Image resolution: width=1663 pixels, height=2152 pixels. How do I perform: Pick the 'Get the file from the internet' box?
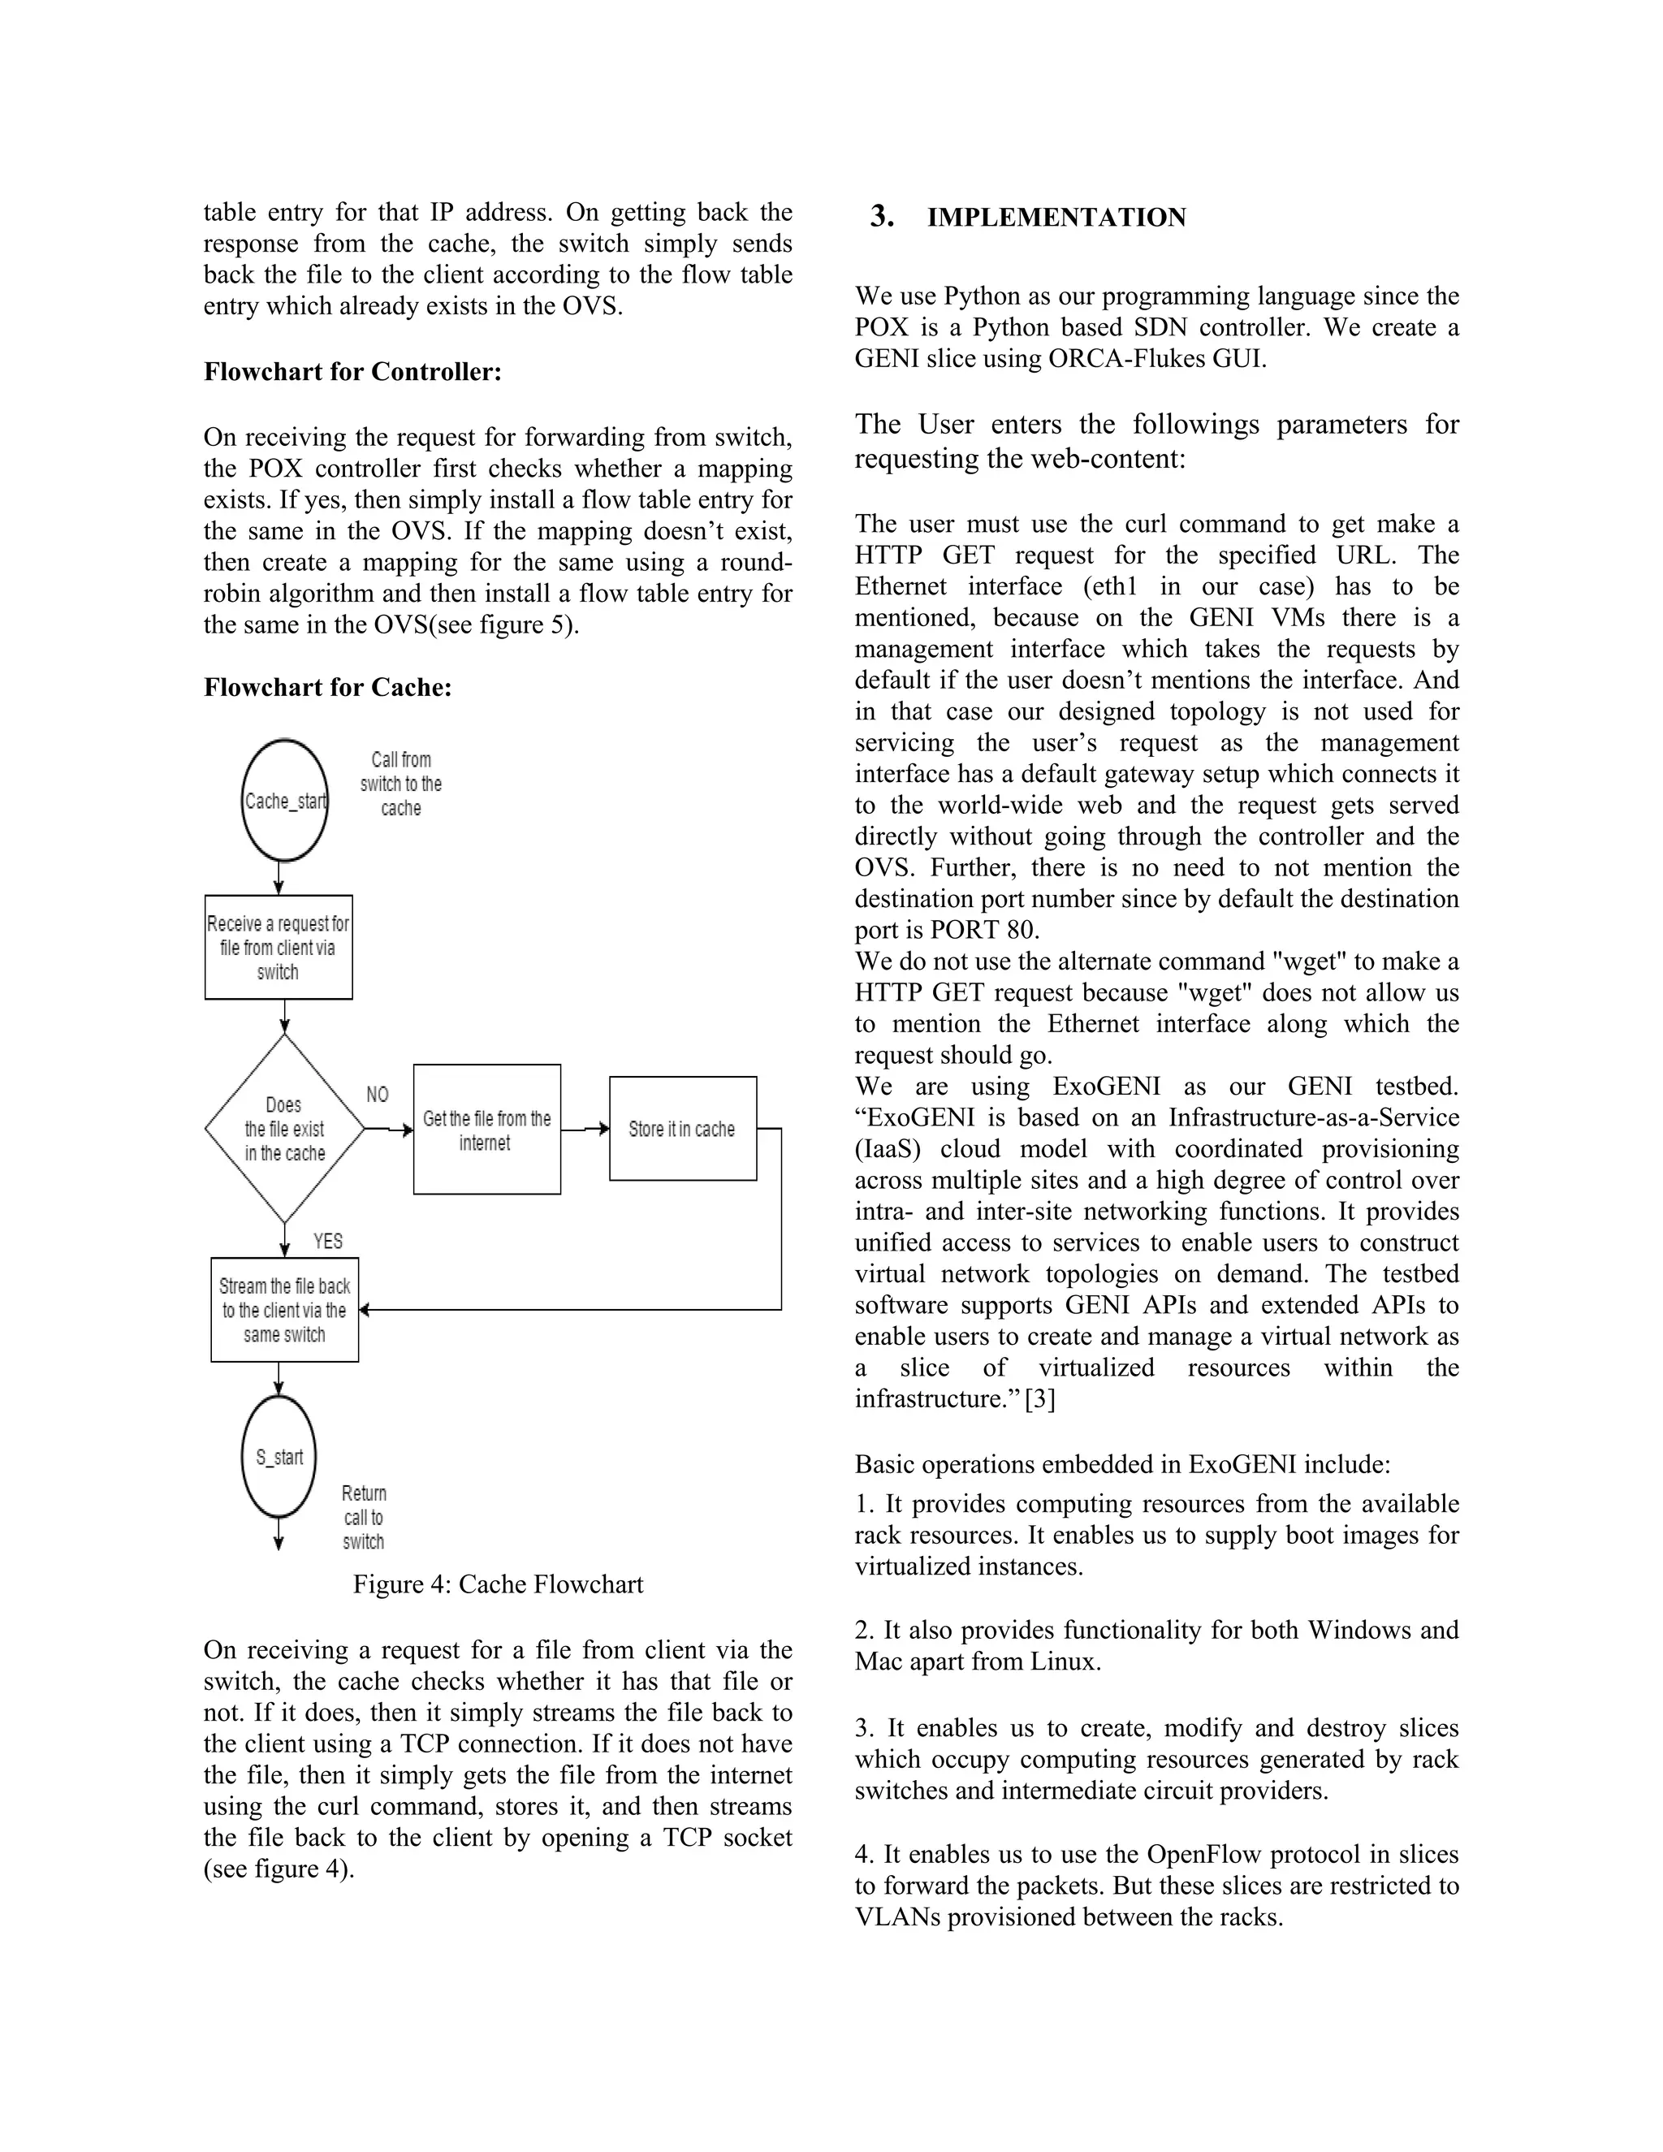point(486,1130)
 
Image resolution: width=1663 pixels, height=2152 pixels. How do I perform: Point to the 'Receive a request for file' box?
point(278,947)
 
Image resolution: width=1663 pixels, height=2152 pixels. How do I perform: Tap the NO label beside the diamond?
point(378,1095)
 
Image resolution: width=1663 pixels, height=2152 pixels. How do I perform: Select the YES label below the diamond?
point(328,1241)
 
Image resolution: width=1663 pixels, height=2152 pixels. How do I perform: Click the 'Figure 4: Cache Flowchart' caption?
point(498,1584)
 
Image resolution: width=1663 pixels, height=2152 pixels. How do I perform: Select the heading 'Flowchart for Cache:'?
point(327,687)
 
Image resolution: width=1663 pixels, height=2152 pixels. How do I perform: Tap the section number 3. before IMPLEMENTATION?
point(882,217)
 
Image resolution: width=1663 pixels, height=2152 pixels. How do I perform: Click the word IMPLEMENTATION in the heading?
point(1056,218)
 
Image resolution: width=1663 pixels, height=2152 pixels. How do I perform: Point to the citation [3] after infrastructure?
point(1039,1398)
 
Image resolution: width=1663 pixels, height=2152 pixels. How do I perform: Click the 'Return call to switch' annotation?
point(364,1518)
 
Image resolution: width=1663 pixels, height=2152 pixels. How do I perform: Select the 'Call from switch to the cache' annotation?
point(400,784)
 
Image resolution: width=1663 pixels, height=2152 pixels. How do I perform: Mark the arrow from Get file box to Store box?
point(585,1130)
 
